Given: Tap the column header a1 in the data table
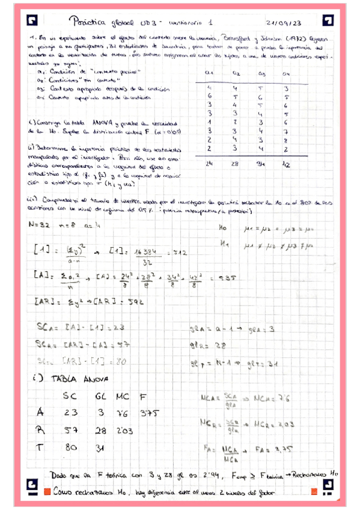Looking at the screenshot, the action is click(210, 74).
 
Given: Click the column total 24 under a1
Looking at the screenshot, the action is click(210, 163).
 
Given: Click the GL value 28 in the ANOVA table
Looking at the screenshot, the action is click(101, 431).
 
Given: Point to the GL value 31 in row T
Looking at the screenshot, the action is click(101, 448).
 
